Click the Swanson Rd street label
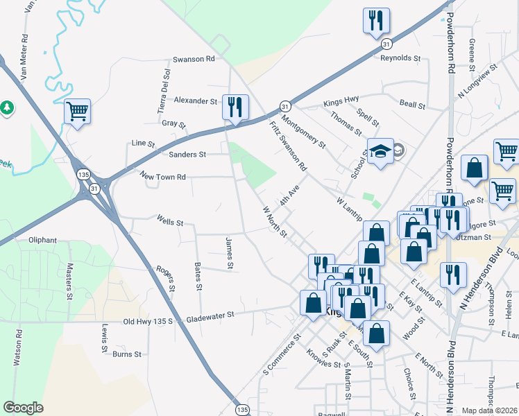194,59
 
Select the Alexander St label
196,101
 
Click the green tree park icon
7,107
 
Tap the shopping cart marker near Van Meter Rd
77,111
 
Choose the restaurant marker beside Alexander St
235,107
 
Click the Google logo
23,408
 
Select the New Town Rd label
162,177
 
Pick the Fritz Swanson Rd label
288,147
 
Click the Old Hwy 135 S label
151,321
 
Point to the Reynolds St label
401,58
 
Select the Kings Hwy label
341,103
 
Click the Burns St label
127,354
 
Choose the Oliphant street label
42,240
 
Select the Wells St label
170,223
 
